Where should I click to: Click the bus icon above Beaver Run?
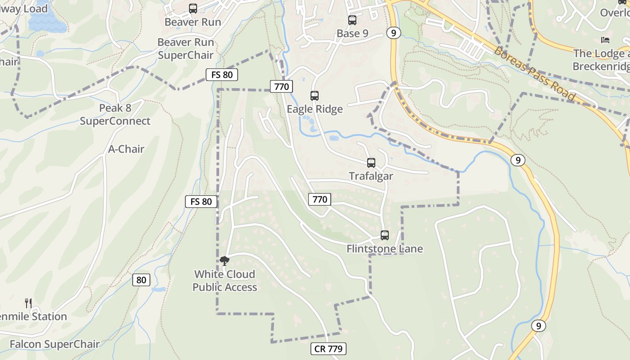193,8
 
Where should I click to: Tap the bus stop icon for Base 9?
352,20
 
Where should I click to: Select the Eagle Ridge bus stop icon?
315,95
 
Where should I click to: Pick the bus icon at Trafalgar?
371,162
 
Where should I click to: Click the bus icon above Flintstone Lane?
385,235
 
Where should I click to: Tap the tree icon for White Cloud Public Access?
225,261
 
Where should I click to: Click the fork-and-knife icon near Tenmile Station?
28,303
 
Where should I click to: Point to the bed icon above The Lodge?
605,40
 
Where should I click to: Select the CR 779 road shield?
328,349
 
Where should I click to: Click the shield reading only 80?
141,280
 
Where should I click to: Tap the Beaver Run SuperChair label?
185,49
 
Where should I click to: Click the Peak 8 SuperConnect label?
115,114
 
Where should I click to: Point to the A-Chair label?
126,149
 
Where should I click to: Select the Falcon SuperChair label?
54,344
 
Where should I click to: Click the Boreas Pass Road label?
534,73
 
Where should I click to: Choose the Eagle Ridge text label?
315,109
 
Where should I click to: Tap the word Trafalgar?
371,176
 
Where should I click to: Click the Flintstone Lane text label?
385,248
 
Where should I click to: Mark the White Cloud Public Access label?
225,280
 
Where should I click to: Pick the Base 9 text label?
352,33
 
